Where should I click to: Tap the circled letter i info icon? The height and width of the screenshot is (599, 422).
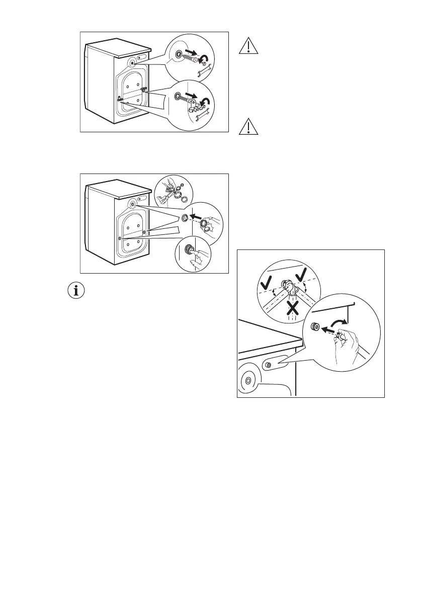point(77,292)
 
